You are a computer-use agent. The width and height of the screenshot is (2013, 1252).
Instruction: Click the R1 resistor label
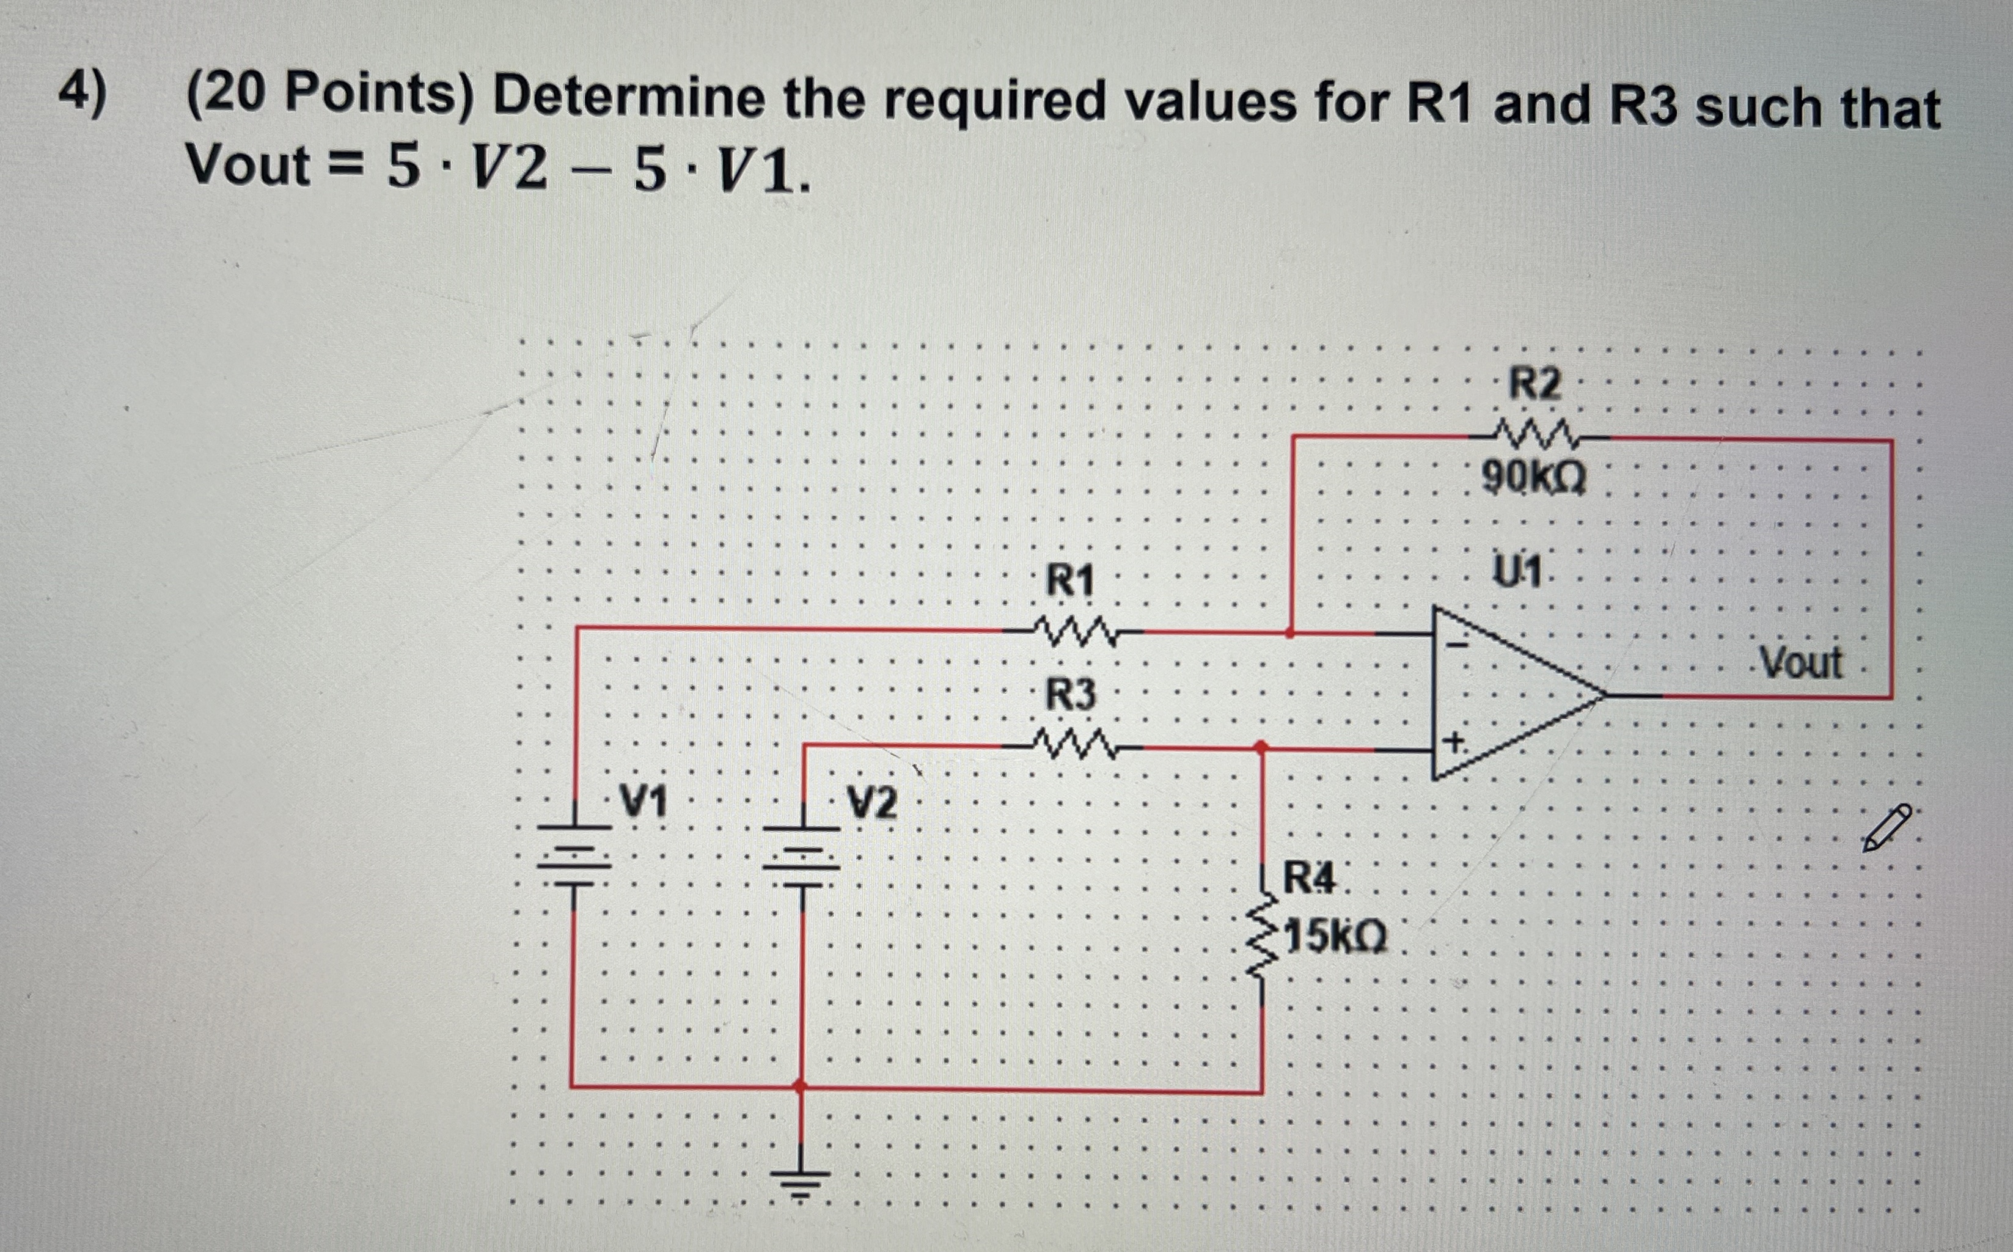(x=1070, y=580)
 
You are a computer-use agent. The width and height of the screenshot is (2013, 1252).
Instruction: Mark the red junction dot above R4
(x=1261, y=748)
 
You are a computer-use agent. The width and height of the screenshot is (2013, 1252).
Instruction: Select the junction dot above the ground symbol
(x=800, y=1085)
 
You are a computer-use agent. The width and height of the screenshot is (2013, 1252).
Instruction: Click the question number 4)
(x=82, y=93)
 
